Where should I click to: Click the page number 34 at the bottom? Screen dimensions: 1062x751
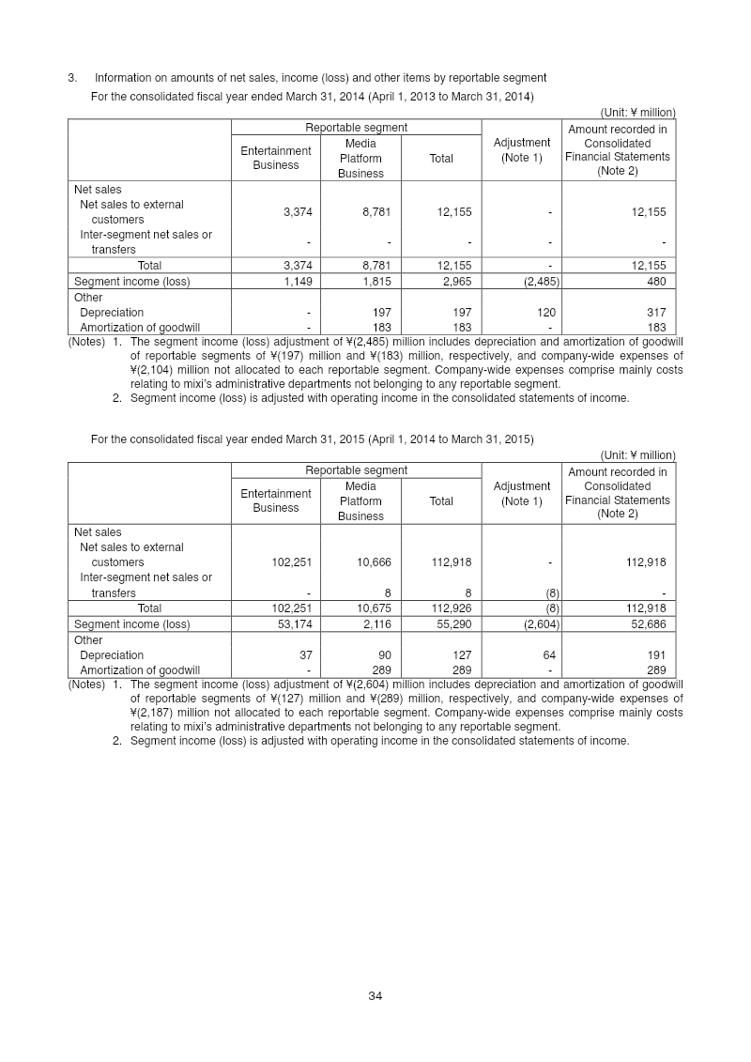pyautogui.click(x=375, y=995)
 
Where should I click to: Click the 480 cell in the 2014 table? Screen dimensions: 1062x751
pyautogui.click(x=656, y=281)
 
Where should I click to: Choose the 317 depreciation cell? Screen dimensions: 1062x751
pyautogui.click(x=656, y=312)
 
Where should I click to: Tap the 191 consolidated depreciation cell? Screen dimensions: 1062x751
pyautogui.click(x=656, y=654)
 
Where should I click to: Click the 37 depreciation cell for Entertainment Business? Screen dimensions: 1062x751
pyautogui.click(x=305, y=654)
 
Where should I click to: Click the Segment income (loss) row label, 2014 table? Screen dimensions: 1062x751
pyautogui.click(x=131, y=281)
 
